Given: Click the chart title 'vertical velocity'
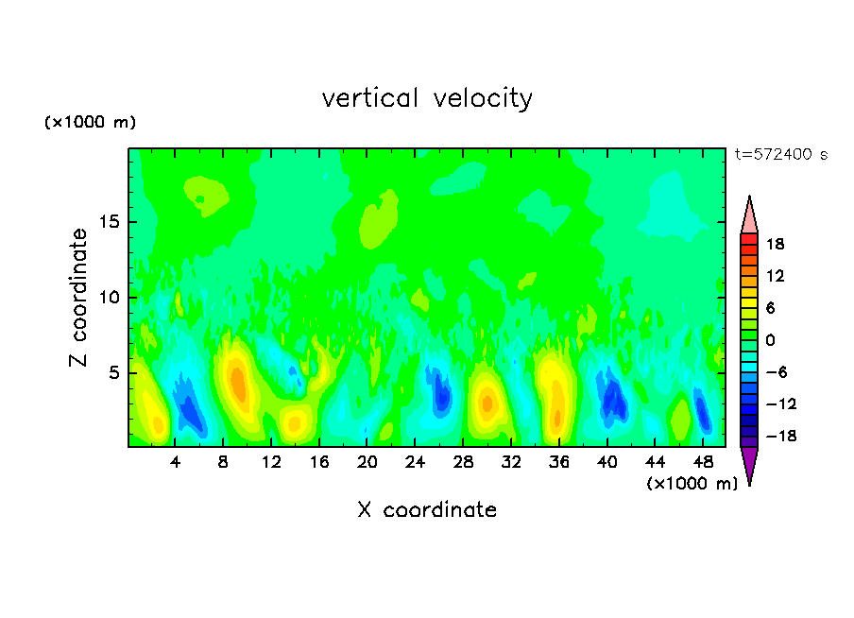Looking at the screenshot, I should click(427, 98).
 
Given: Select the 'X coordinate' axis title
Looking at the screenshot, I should click(427, 510).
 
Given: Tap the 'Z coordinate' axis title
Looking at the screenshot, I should click(79, 298).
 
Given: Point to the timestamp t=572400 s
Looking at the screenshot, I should click(780, 154).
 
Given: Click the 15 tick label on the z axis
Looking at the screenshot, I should click(110, 222).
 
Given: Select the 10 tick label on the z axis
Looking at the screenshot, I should click(110, 298).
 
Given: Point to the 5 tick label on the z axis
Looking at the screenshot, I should click(113, 373).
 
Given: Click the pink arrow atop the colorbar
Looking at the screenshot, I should click(749, 216).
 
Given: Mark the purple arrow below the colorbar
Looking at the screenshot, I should click(749, 464).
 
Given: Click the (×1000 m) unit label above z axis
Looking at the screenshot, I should click(91, 123).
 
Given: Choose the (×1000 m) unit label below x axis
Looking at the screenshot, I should click(692, 484).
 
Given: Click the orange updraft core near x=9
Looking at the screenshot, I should click(238, 386).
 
